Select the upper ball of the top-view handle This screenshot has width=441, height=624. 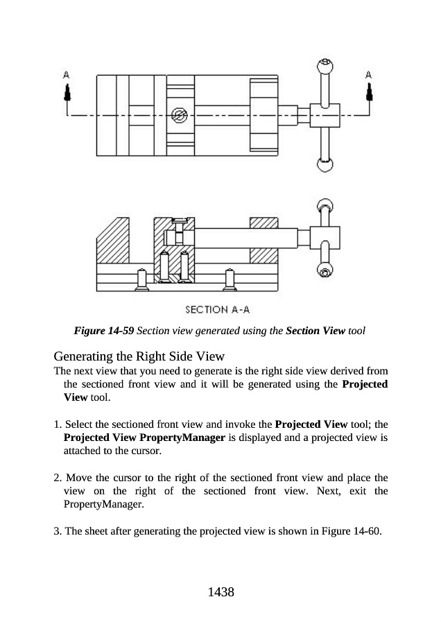pos(325,67)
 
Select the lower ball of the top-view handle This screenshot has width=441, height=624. pos(325,164)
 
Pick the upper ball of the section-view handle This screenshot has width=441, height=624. pos(325,205)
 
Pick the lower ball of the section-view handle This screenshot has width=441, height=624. pos(325,269)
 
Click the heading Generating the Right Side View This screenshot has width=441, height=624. pos(139,357)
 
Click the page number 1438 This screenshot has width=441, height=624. pos(220,592)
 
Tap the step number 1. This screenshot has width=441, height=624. pos(57,424)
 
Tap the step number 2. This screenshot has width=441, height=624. pos(57,478)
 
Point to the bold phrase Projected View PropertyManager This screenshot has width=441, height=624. pos(144,438)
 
